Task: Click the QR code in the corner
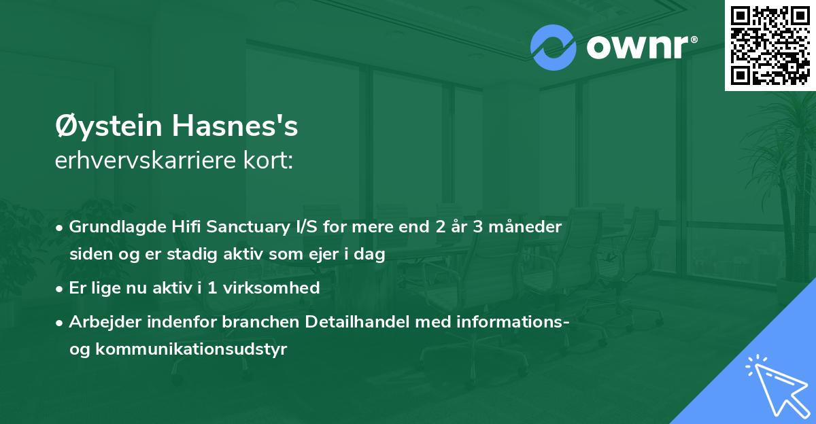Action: click(x=769, y=45)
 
